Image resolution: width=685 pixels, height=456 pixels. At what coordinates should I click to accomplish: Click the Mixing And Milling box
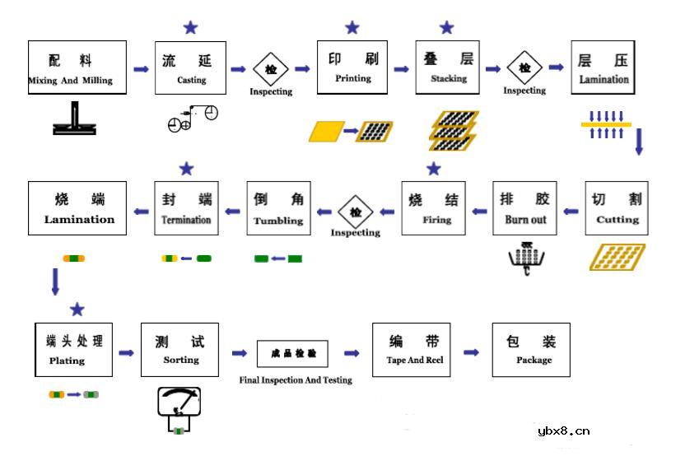77,69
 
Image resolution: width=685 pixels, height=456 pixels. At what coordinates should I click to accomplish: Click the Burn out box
524,208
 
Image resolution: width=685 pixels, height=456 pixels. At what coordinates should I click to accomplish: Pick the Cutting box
617,208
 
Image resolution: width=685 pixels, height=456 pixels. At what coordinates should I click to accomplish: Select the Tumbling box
278,208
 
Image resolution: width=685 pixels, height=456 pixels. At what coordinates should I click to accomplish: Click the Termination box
186,208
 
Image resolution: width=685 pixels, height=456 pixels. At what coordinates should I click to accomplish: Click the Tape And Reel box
412,350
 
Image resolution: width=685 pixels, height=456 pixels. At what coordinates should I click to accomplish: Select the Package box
531,350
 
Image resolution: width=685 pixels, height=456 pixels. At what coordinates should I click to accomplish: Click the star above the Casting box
191,28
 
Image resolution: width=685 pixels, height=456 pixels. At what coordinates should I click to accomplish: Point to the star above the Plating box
77,309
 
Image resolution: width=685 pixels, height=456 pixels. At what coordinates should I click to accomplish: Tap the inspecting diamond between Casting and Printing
271,69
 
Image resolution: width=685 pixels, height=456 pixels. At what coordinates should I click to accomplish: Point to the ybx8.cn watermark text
563,430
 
